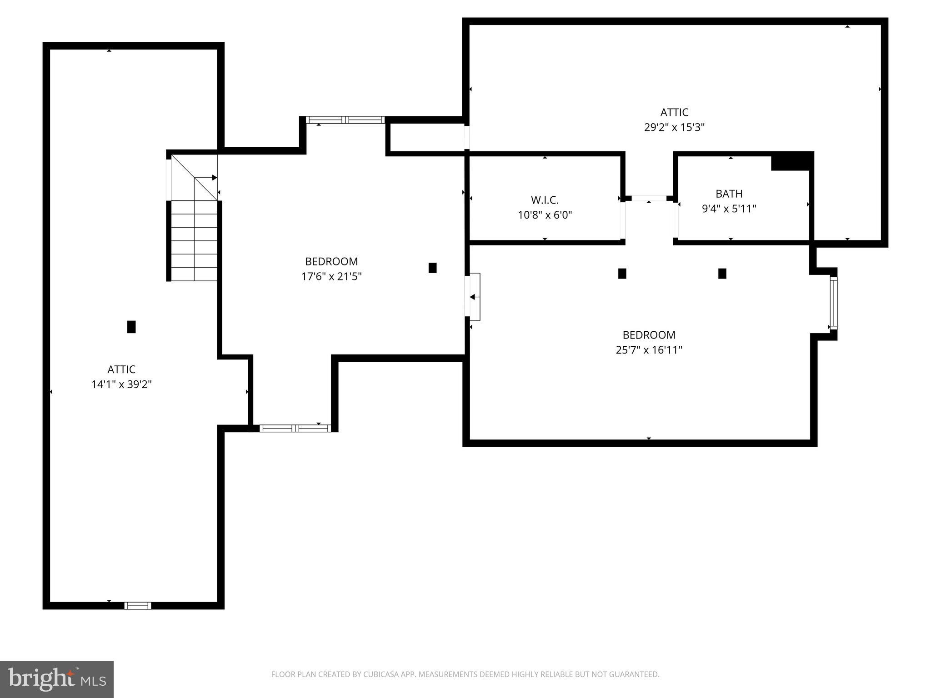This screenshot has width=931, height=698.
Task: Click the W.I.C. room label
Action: coord(545,200)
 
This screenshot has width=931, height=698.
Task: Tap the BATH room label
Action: coord(729,194)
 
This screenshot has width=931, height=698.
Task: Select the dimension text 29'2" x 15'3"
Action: coord(674,127)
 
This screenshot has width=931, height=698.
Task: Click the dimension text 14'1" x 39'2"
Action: coord(121,384)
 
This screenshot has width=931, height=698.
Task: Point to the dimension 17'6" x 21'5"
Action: coord(331,276)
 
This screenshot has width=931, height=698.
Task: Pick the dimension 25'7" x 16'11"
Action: coord(649,350)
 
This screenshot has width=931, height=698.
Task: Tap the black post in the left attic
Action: coord(131,327)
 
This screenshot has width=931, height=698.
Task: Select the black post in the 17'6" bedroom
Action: coord(432,268)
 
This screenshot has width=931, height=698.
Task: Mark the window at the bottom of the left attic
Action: coord(138,605)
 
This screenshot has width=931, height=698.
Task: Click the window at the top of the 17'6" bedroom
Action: coord(345,120)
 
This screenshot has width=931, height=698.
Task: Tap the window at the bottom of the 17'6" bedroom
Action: coord(295,428)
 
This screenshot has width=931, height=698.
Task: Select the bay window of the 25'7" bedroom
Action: coord(833,303)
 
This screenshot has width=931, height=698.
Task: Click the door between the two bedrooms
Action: coord(473,297)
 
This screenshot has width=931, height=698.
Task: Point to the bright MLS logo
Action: coord(57,679)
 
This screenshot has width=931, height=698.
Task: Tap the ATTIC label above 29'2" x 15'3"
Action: coord(674,112)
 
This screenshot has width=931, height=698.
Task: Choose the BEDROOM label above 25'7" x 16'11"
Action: coord(649,335)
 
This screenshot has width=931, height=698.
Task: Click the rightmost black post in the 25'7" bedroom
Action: coord(722,274)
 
